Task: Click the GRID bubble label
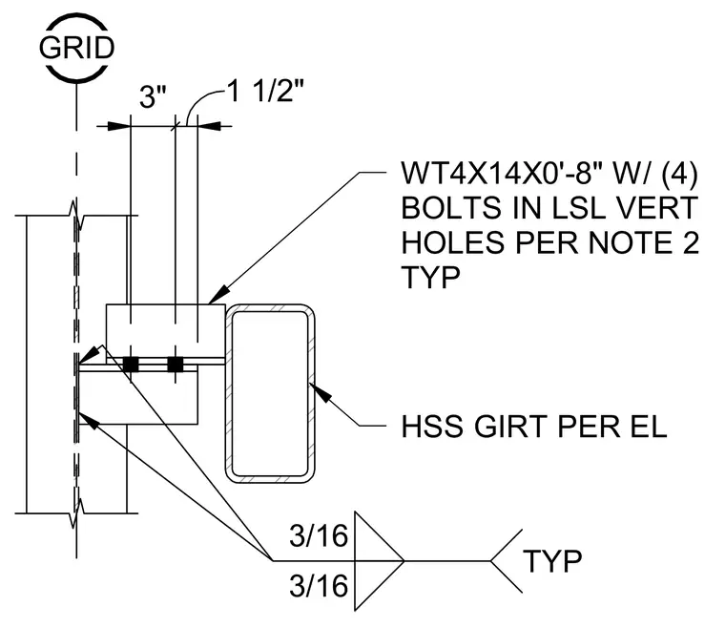pos(76,48)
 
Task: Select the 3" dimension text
pos(153,97)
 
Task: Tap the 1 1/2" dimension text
pos(265,91)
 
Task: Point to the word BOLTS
pos(451,208)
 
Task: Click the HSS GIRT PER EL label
pos(534,427)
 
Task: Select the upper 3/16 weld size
pos(319,535)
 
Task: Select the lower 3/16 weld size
pos(319,586)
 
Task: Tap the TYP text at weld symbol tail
pos(552,561)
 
